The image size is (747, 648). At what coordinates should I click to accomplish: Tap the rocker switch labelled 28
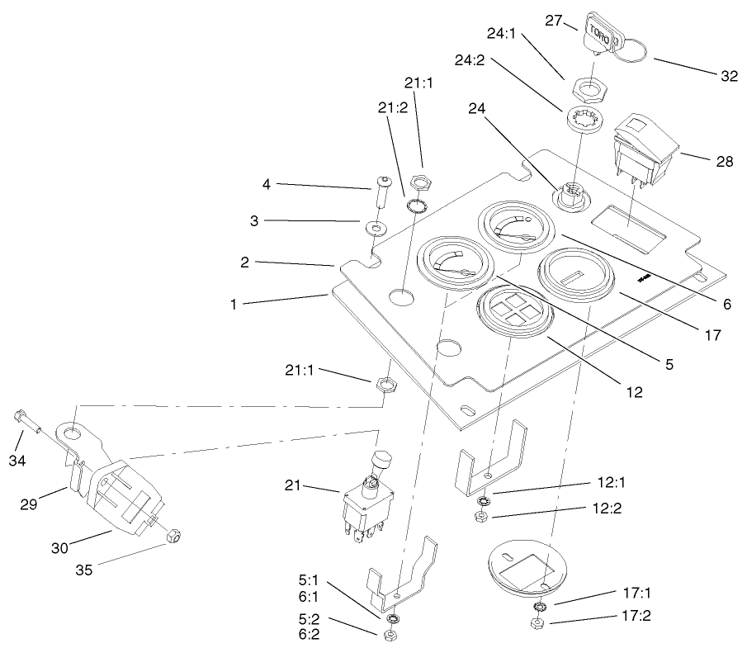(x=645, y=152)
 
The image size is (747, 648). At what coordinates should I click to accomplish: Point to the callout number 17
(x=712, y=336)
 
